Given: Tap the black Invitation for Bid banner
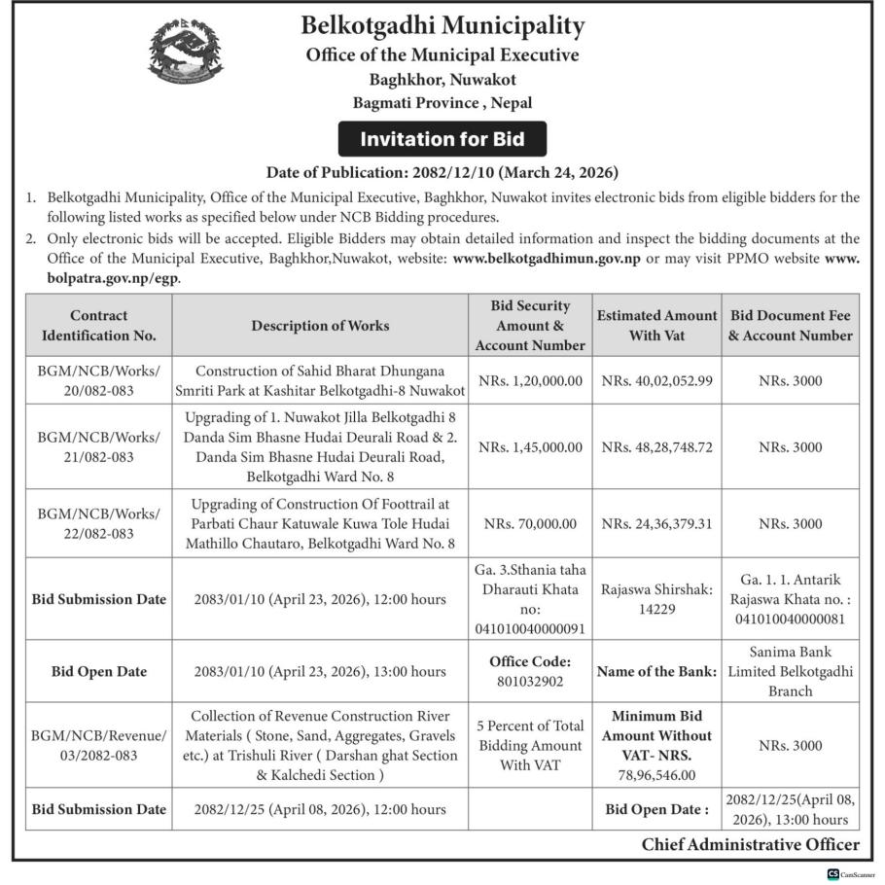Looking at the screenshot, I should coord(442,139).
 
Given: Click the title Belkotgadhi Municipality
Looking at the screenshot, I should coord(442,24).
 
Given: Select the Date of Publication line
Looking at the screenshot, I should coord(442,173).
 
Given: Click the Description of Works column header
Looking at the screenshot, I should coord(320,326).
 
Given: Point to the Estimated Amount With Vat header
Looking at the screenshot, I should coord(656,326).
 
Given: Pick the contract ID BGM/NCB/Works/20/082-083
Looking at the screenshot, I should coord(98,380).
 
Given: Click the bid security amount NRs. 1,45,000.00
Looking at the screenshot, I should coord(530,447).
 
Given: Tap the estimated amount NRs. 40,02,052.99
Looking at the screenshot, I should coord(656,381).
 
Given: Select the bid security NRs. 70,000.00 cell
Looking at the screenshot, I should coord(530,523).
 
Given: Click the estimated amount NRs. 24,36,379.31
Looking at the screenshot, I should coord(656,523).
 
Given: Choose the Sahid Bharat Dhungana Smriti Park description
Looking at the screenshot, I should coord(320,380).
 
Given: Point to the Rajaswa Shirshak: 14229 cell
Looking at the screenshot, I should coord(656,599).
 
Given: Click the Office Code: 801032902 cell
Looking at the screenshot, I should coord(530,671).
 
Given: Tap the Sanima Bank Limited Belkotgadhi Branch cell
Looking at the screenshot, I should coord(791,671).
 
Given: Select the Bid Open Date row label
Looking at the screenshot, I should coord(98,671).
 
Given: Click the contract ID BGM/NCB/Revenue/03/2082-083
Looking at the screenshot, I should coord(98,745).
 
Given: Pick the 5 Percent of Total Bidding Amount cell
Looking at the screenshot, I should coord(530,745).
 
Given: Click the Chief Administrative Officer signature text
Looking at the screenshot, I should coord(750,845).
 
